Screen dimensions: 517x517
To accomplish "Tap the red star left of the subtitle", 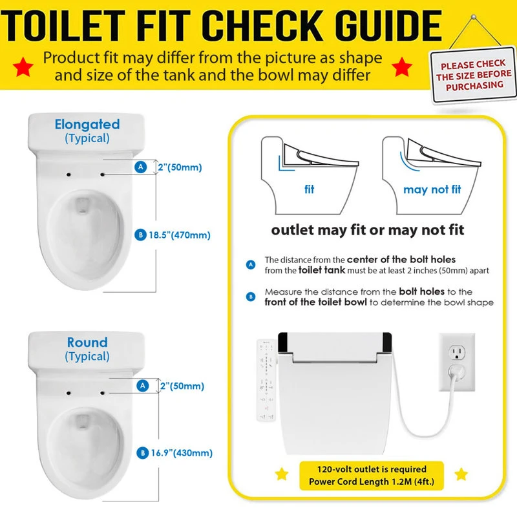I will click(24, 66).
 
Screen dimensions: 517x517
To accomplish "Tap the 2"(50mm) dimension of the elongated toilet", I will click(180, 167).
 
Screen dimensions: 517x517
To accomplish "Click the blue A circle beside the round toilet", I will click(142, 386).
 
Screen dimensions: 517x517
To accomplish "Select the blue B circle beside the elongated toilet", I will click(141, 235).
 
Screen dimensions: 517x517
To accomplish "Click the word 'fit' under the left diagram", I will click(309, 190).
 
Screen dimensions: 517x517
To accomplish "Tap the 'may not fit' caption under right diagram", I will click(432, 190).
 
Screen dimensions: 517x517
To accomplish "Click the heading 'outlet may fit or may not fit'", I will click(367, 230).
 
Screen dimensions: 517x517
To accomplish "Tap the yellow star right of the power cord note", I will click(461, 475).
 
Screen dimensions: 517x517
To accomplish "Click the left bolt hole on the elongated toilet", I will click(68, 174).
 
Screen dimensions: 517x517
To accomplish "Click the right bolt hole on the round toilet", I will click(103, 392).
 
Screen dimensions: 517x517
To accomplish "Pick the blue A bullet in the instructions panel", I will click(251, 264).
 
